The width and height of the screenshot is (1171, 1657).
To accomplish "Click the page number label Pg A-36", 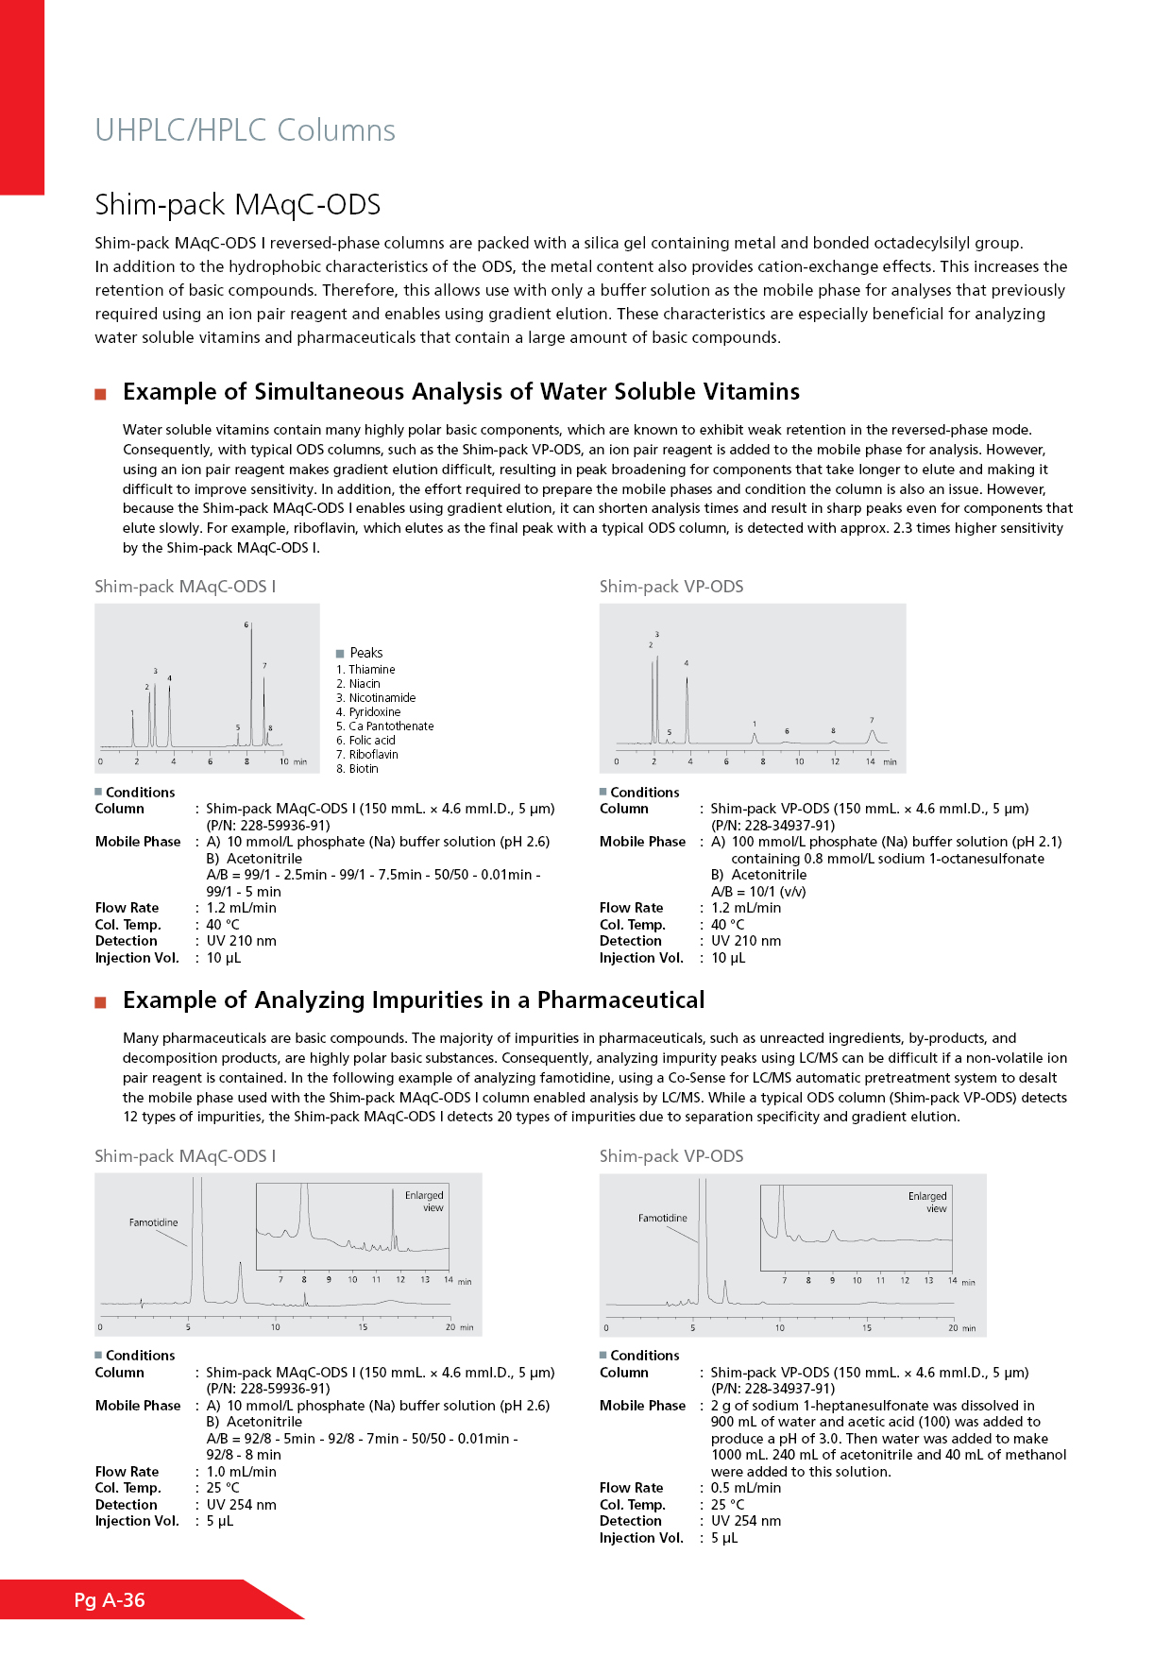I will [110, 1600].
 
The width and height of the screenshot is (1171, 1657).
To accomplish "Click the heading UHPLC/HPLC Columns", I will [245, 130].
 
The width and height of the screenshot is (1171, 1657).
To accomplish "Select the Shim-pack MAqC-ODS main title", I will [237, 205].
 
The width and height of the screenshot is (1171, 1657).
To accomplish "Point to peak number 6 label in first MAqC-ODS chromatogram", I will [246, 625].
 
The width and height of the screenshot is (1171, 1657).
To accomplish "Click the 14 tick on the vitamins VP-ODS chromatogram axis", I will [871, 761].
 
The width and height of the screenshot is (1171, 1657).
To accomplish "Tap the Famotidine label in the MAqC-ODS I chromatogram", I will [153, 1222].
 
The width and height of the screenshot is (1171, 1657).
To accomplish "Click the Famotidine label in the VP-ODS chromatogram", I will [662, 1218].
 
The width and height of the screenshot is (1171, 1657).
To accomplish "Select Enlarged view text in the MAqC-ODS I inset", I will [425, 1202].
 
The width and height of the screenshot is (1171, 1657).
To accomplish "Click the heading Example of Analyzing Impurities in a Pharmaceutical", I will [414, 1000].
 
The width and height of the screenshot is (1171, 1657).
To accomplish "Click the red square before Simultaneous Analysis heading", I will [100, 394].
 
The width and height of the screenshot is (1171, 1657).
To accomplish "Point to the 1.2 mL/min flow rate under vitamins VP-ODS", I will [746, 908].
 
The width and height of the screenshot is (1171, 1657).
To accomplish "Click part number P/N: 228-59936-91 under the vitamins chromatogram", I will [268, 826].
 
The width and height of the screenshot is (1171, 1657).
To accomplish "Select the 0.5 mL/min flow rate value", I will [746, 1488].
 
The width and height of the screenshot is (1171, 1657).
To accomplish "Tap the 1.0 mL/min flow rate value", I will [242, 1472].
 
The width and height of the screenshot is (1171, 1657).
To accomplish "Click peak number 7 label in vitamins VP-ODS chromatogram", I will [872, 720].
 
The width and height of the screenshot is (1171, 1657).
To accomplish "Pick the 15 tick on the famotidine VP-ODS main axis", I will [867, 1328].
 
